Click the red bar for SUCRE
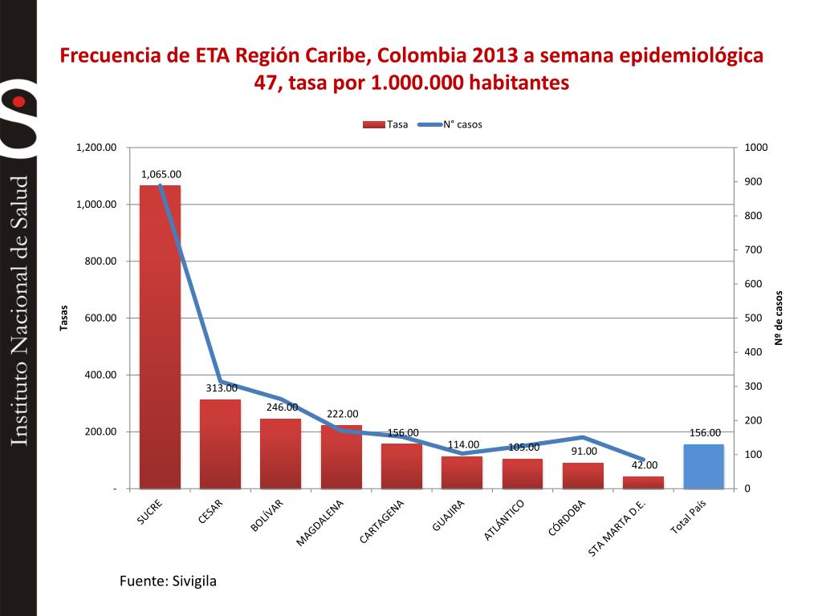tap(160, 337)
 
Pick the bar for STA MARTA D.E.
tap(643, 482)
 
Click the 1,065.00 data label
tap(161, 174)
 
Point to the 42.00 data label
tap(644, 465)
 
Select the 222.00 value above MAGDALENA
tap(342, 414)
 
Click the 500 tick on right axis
tap(754, 318)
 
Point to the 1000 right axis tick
tap(756, 148)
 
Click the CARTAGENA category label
tap(383, 522)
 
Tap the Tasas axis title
tap(64, 318)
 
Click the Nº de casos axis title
tap(778, 318)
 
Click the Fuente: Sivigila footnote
tap(168, 581)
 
